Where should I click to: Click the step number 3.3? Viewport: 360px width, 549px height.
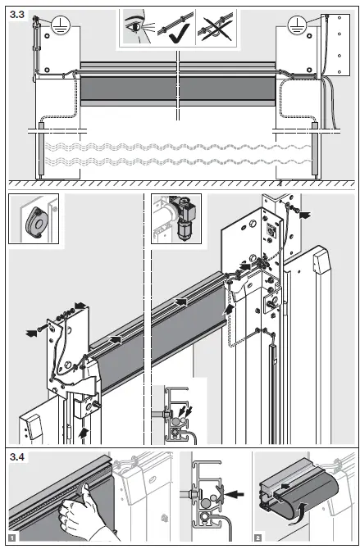click(17, 11)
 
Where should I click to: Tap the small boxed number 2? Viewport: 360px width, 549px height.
click(259, 538)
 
